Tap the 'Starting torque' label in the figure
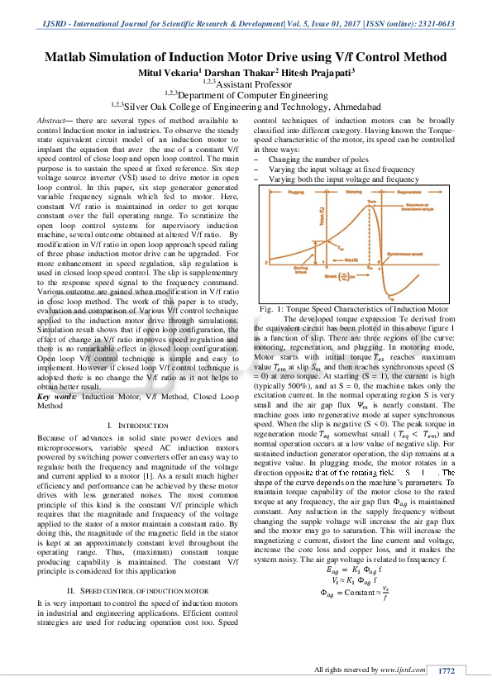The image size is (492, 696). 300,269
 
